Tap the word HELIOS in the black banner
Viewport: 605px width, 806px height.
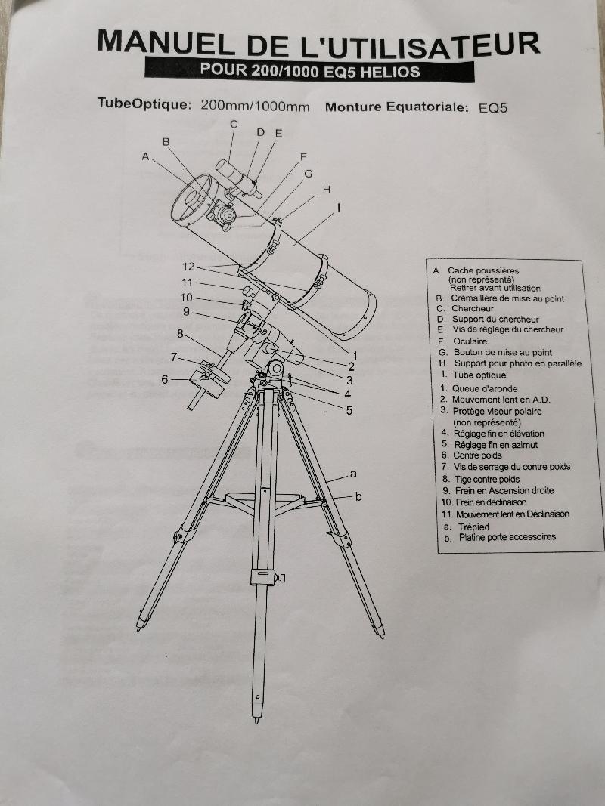(x=390, y=72)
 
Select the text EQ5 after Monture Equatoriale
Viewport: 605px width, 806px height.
(x=493, y=108)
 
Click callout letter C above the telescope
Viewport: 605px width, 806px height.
(x=234, y=125)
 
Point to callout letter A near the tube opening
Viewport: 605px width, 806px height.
(x=146, y=156)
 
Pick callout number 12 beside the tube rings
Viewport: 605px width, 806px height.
(x=189, y=266)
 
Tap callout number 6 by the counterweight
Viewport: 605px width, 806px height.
(x=165, y=379)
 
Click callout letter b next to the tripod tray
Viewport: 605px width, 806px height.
(x=358, y=496)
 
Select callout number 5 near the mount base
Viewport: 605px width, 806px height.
(x=349, y=410)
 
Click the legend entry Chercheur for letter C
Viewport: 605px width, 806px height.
(x=472, y=308)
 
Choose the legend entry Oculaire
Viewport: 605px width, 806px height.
(x=470, y=341)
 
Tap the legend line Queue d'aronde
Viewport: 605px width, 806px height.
(x=485, y=388)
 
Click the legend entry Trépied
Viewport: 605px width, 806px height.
(x=474, y=527)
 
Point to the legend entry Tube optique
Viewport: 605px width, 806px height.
(x=479, y=375)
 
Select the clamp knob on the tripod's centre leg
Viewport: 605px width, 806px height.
(x=281, y=579)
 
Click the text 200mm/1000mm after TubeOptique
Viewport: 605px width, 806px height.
(x=255, y=106)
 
